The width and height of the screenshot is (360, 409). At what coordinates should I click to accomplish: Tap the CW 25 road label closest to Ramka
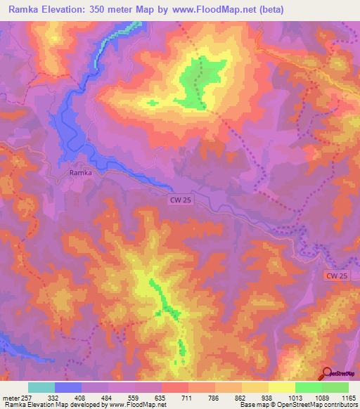180,200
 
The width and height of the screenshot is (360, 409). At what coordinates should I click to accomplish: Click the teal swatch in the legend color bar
41,387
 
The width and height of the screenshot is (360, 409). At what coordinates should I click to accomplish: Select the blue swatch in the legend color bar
68,387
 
